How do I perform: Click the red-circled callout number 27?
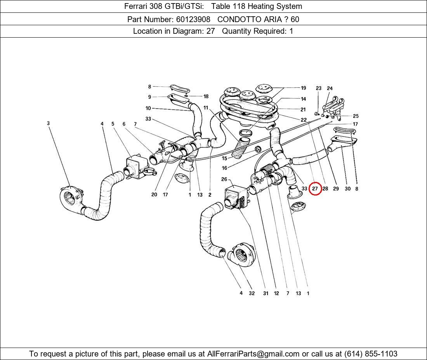pos(315,189)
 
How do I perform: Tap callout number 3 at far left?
pos(49,123)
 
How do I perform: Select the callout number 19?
pos(303,88)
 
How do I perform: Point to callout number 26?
pos(224,179)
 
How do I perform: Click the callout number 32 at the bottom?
pos(252,293)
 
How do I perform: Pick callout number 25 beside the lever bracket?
pos(356,116)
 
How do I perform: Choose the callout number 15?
pos(224,158)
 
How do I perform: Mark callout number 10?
pos(148,108)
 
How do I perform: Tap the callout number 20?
pos(154,195)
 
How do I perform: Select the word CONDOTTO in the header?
pos(236,19)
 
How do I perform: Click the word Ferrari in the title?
pos(136,6)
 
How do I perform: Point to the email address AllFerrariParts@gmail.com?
pos(253,354)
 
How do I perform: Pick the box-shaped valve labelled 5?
pos(136,166)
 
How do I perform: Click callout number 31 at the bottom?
pos(266,293)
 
